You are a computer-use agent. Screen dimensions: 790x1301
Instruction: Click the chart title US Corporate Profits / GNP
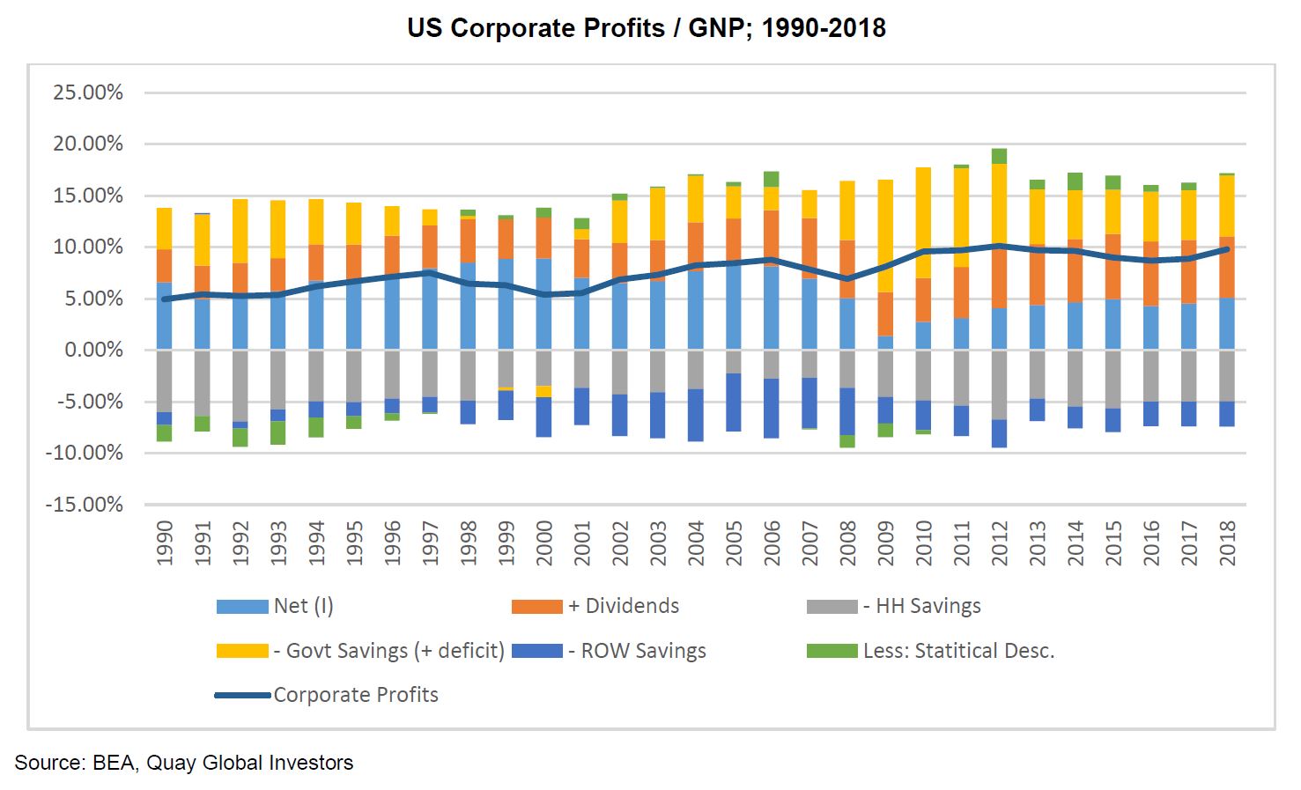[646, 28]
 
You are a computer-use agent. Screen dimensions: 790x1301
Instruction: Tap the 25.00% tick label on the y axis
[88, 92]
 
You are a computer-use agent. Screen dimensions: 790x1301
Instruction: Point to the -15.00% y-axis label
[85, 505]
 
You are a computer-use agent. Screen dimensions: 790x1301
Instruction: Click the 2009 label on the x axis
[885, 542]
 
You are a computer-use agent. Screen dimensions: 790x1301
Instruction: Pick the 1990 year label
[164, 542]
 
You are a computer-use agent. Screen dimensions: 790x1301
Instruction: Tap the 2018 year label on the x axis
[1227, 542]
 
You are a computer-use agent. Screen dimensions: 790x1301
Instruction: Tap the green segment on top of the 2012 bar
[999, 156]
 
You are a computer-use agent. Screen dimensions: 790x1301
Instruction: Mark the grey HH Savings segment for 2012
[999, 384]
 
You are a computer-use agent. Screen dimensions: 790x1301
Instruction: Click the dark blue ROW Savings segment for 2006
[772, 408]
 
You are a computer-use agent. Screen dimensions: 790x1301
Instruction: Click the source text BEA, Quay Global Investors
[183, 763]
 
